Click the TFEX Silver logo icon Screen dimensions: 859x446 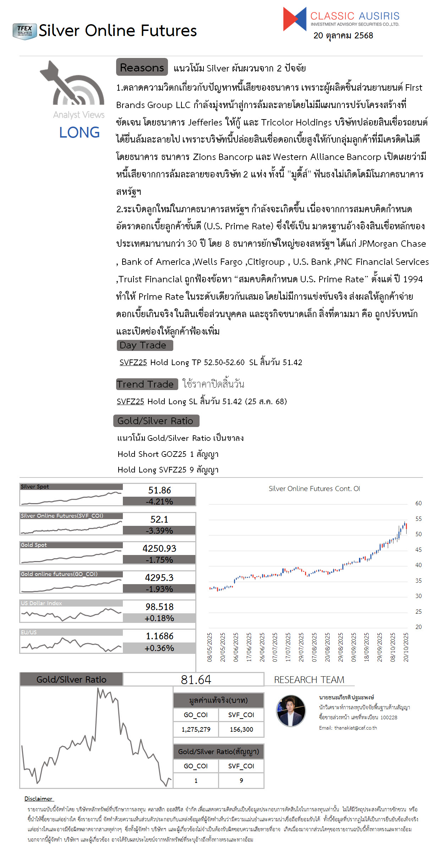[25, 31]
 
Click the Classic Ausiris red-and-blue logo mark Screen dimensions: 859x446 [294, 19]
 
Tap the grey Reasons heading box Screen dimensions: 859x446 [142, 67]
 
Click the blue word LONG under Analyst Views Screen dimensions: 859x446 [79, 133]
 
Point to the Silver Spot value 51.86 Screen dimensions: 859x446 [159, 490]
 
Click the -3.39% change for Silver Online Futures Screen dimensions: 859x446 [159, 531]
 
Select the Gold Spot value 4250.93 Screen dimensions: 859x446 [159, 549]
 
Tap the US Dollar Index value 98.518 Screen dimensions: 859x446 [159, 607]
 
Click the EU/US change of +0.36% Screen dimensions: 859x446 [159, 648]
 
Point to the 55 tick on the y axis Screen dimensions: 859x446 [418, 519]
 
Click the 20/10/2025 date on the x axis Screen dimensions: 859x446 [406, 647]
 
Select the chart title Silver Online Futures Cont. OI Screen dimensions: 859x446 [314, 489]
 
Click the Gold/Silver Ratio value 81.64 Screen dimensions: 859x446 [196, 680]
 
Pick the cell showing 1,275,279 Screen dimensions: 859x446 [196, 730]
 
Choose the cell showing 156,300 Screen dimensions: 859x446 [241, 730]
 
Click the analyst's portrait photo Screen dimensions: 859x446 [291, 711]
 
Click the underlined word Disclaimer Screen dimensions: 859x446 [38, 799]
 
